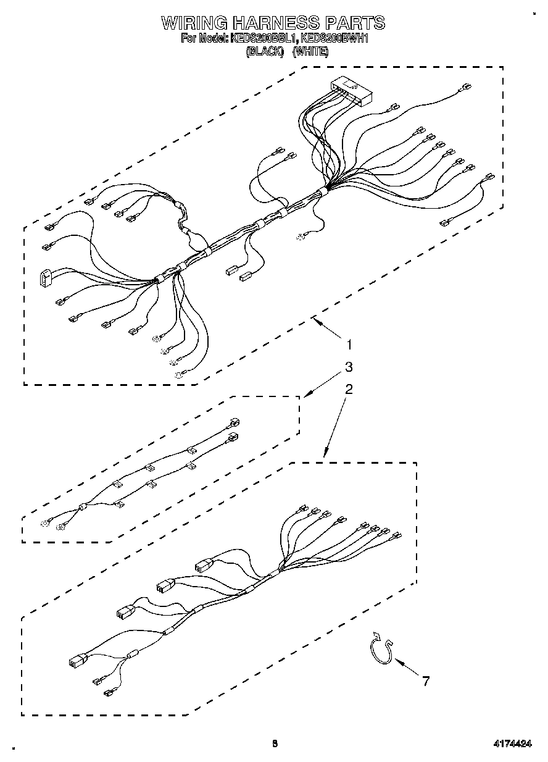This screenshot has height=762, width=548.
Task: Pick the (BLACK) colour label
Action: pyautogui.click(x=264, y=52)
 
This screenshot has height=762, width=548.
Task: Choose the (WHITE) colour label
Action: pyautogui.click(x=310, y=52)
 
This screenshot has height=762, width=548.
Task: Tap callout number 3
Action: pyautogui.click(x=349, y=367)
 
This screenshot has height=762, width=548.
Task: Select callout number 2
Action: pyautogui.click(x=349, y=389)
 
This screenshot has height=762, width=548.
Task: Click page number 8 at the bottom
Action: pyautogui.click(x=275, y=744)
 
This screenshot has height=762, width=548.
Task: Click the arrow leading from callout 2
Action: pyautogui.click(x=333, y=426)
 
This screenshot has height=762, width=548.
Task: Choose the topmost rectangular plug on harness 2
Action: pyautogui.click(x=204, y=565)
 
